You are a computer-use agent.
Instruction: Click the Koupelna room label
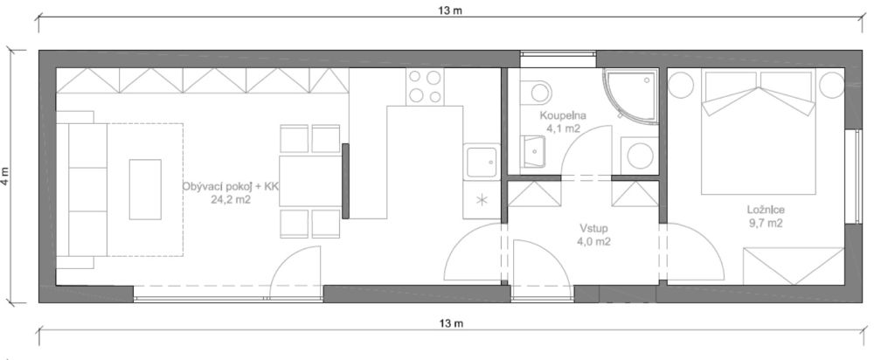click(x=562, y=115)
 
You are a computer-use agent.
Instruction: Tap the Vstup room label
click(x=593, y=228)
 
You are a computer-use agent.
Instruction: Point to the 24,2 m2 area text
click(x=231, y=199)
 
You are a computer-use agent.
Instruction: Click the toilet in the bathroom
click(x=536, y=90)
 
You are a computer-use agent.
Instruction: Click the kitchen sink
click(x=481, y=163)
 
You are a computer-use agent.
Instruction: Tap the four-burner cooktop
click(x=426, y=87)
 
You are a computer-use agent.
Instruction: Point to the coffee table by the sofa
click(x=145, y=189)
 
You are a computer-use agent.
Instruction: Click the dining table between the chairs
click(x=309, y=181)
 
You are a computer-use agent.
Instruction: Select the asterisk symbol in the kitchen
click(x=481, y=200)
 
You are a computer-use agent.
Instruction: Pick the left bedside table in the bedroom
click(x=682, y=86)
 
